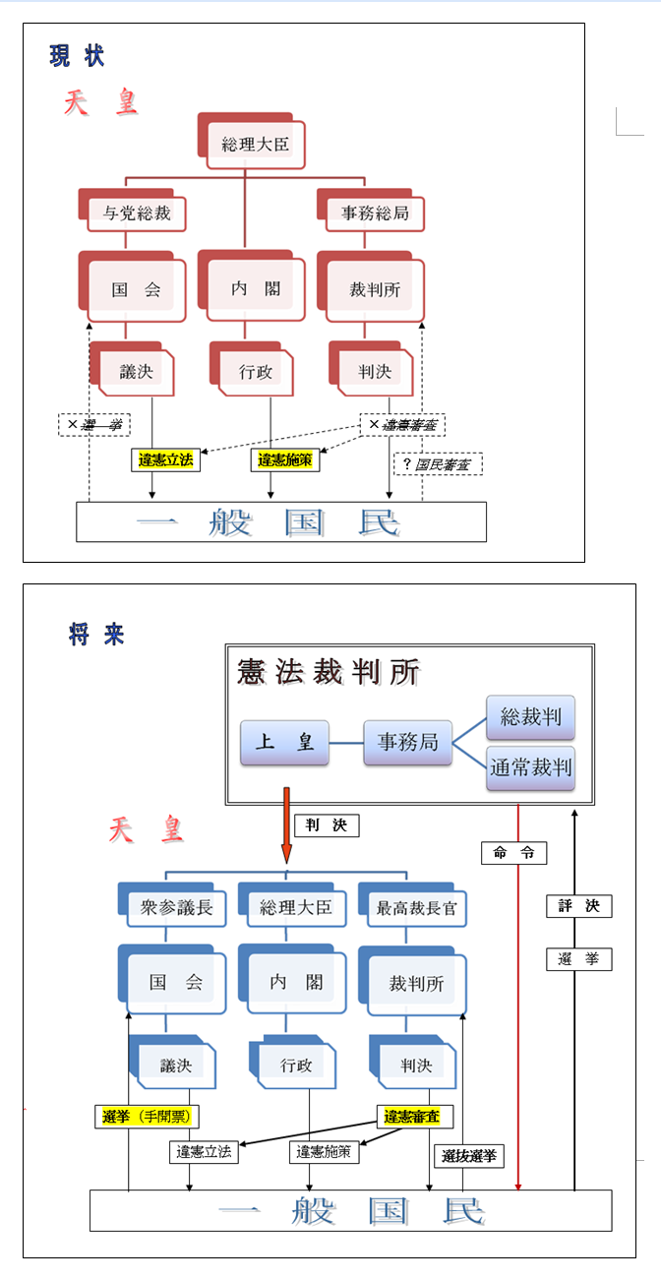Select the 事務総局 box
point(375,213)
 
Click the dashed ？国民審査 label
point(438,463)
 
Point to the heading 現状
point(77,56)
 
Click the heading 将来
point(96,635)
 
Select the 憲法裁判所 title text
point(329,673)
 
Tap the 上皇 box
point(284,742)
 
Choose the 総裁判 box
point(531,717)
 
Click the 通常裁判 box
point(531,767)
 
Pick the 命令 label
point(513,853)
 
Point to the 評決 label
point(578,906)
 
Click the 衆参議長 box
point(177,907)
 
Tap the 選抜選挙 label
point(469,1156)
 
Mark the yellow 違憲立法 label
point(165,460)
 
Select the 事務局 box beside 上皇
point(407,742)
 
